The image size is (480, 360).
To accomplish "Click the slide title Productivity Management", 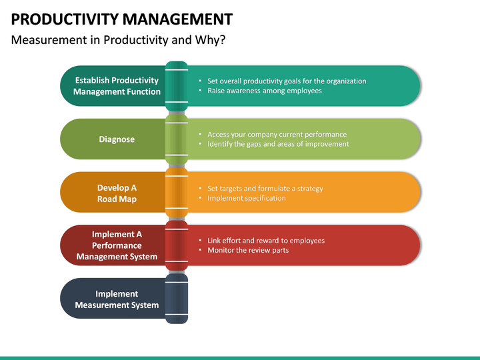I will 122,19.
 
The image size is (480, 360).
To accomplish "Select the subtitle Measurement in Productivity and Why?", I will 119,40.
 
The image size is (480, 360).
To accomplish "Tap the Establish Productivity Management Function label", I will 117,86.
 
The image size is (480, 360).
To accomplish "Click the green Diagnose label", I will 117,139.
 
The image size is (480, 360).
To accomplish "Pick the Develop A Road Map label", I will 117,193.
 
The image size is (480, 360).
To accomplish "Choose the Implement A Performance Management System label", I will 117,245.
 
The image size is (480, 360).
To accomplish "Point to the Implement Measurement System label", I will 117,299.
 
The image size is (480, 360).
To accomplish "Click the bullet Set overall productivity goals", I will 287,81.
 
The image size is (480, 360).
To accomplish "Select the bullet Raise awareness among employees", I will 265,91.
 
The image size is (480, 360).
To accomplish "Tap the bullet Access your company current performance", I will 277,134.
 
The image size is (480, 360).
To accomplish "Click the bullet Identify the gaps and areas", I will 278,144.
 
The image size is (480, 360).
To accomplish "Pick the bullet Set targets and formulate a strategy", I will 265,188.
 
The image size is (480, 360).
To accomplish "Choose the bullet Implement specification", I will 247,198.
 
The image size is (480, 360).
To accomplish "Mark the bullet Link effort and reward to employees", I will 266,240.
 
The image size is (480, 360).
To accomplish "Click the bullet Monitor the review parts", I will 248,250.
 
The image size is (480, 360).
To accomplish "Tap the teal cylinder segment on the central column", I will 176,85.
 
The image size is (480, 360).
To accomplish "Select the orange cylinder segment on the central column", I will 176,193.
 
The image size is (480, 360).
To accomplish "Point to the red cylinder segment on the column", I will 176,245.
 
